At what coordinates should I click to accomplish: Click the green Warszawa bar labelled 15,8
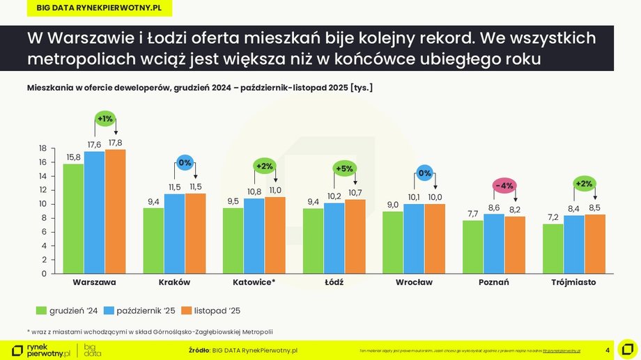[x=73, y=219]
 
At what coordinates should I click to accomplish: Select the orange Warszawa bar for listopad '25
[x=115, y=212]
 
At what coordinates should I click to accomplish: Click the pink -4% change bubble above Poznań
[x=504, y=186]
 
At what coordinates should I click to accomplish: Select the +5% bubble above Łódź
[x=344, y=169]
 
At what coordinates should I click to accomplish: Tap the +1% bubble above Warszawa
[x=105, y=118]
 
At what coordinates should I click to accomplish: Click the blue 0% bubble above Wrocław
[x=424, y=173]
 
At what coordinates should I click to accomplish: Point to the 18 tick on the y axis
[x=43, y=148]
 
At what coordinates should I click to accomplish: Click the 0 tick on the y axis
[x=43, y=274]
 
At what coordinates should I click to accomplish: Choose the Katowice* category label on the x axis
[x=254, y=283]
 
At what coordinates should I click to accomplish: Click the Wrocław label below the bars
[x=414, y=283]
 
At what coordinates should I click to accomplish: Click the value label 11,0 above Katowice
[x=276, y=190]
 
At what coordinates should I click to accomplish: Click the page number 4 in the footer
[x=608, y=350]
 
